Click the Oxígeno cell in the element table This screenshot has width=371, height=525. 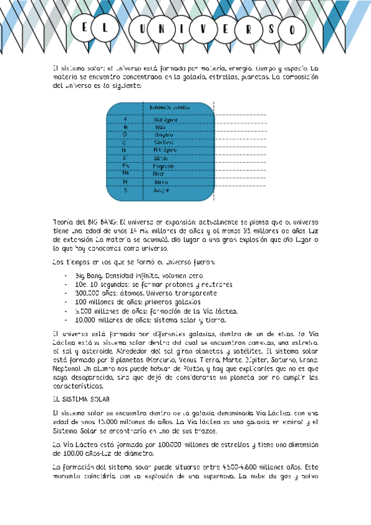tap(164, 134)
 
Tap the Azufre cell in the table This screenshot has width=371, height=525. tap(162, 190)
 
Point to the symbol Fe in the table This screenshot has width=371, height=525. tap(125, 182)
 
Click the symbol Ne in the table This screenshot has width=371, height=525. tap(125, 174)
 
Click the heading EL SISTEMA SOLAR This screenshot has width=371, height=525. tap(81, 399)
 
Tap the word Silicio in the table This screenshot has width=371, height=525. tap(161, 158)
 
